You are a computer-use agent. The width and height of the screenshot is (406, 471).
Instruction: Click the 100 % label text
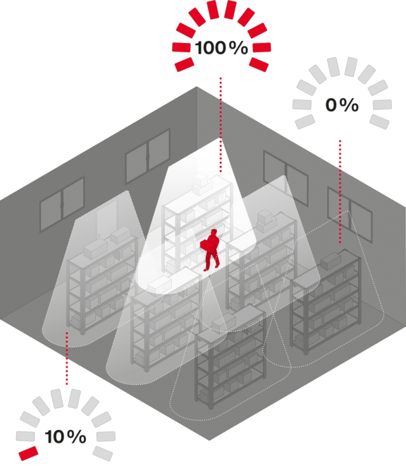221,48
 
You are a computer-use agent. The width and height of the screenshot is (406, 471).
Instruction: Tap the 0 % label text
342,105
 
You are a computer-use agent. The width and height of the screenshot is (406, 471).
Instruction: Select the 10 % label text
66,437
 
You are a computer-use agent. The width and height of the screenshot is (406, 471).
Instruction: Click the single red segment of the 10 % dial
28,453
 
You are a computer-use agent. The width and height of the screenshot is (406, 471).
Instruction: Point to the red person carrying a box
210,250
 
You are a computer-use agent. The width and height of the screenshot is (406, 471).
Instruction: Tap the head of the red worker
214,232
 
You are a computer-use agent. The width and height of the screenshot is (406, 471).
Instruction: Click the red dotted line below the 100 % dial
221,125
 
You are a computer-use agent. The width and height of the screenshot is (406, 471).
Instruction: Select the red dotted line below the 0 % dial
340,191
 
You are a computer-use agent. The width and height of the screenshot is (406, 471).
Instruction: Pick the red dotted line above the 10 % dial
66,358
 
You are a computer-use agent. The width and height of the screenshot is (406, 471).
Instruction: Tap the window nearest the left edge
62,204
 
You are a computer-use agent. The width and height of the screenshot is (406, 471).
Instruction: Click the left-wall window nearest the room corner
147,156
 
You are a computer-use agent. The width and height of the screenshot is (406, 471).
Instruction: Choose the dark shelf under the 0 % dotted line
326,300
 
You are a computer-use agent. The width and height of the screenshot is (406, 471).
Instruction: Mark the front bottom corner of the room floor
209,441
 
